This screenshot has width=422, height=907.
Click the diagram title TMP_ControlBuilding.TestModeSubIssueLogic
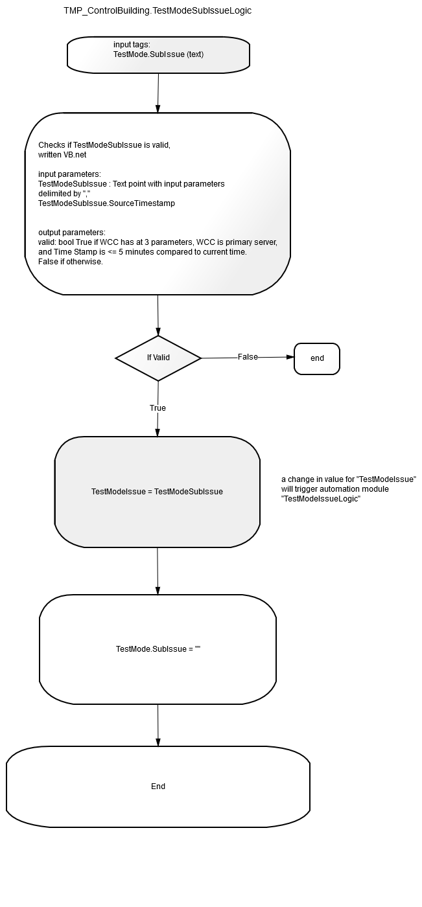coord(158,11)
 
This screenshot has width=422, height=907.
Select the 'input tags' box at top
coord(158,55)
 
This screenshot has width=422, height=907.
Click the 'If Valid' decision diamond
coord(158,358)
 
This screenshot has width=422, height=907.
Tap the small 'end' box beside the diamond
coord(317,359)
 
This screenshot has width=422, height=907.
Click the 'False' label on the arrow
coord(248,357)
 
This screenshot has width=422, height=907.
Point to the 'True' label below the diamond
coord(158,408)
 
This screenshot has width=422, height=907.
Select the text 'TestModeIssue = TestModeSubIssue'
coord(157,492)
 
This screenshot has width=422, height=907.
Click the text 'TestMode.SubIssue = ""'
coord(158,649)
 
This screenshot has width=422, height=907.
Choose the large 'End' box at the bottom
coord(158,786)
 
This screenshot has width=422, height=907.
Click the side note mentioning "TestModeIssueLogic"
coord(349,488)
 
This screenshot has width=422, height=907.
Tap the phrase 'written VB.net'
coord(62,155)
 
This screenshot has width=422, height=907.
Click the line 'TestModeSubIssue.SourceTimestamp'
coord(106,203)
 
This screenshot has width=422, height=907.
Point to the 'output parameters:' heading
coord(72,233)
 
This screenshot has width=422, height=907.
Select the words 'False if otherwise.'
coord(71,262)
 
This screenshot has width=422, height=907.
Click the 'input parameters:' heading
coord(69,174)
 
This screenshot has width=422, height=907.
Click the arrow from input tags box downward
coord(158,93)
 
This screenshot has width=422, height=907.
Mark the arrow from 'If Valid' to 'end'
coord(248,358)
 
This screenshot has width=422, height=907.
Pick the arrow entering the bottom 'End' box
coord(158,725)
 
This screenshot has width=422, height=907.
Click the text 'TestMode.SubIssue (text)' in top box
coord(158,54)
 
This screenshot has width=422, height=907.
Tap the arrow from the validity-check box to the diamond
coord(158,315)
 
